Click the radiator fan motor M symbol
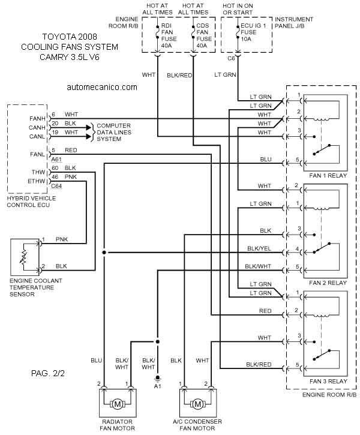tap(118, 404)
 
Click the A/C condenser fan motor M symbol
tap(197, 404)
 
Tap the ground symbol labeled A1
tap(158, 378)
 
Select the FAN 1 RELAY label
tap(328, 176)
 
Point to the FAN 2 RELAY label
tap(328, 283)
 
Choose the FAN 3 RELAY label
tap(328, 381)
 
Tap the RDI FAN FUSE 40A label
tap(169, 35)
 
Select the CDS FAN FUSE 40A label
tap(204, 35)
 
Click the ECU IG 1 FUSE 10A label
tap(253, 32)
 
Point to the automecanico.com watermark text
tap(102, 87)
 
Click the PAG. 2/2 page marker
tap(48, 373)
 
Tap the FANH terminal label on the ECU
tap(37, 119)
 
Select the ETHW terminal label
tap(37, 181)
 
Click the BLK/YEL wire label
tap(259, 248)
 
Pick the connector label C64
tap(56, 186)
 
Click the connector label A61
tap(56, 160)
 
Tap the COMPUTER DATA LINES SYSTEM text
tap(114, 133)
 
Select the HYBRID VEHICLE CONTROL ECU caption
tap(31, 202)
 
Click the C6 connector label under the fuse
tap(231, 59)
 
